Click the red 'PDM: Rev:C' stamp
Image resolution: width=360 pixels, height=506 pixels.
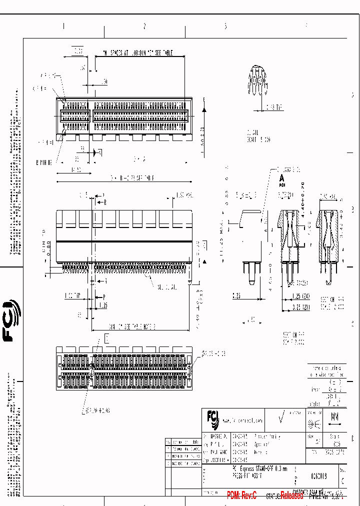pos(241,495)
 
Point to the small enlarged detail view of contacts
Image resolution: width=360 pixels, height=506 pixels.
pos(257,82)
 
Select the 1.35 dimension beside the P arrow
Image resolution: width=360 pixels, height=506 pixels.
pos(103,304)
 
